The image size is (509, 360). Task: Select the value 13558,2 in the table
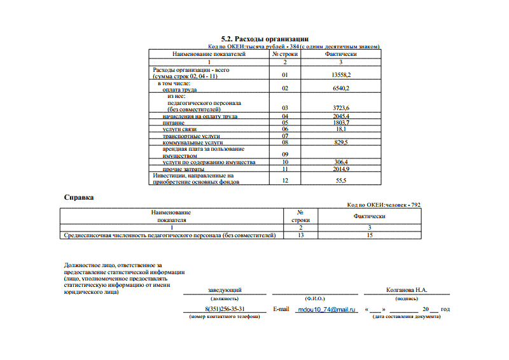pos(341,75)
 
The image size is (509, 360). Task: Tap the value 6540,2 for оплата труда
pos(341,89)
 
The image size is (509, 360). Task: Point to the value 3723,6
pos(341,108)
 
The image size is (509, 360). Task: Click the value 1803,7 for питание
pos(341,122)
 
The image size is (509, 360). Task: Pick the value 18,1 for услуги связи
pos(341,129)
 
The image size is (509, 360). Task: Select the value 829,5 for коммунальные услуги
pos(341,143)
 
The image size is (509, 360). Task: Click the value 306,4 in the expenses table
pos(341,163)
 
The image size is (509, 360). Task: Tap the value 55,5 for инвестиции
pos(341,181)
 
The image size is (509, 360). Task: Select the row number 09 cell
pos(285,154)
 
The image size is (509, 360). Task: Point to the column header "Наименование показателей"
pos(209,55)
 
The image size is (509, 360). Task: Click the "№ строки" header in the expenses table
pos(285,55)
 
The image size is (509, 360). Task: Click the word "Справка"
pos(79,197)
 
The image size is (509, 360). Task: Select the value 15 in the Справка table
pos(370,235)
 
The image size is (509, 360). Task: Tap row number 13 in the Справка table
pos(300,235)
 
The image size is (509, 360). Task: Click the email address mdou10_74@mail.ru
pos(324,309)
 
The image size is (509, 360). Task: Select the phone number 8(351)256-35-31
pos(221,309)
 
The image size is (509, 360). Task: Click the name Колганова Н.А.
pos(407,290)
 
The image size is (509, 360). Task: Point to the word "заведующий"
pos(225,290)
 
